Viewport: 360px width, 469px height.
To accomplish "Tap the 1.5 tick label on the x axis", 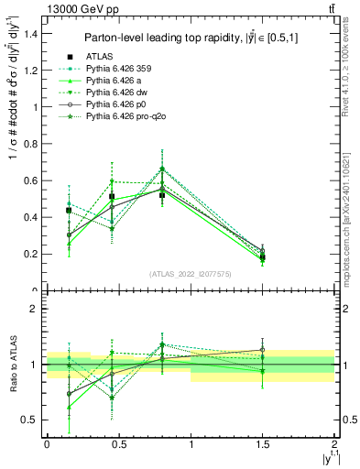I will coord(263,442).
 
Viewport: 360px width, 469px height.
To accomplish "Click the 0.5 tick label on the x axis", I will coord(118,442).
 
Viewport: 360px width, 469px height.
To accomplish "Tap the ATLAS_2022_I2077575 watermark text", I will coord(191,274).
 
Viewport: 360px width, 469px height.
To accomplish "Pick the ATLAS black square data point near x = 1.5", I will coord(263,257).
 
